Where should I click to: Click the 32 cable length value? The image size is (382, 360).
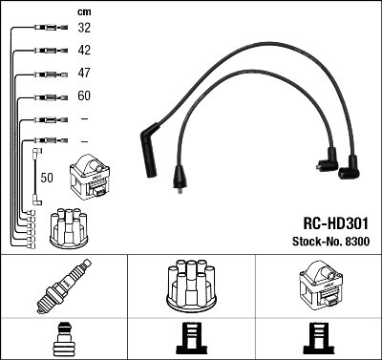point(84,29)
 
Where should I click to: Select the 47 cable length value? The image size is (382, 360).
point(84,74)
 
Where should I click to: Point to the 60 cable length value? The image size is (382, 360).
point(84,96)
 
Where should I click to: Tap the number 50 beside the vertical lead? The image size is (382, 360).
point(47,177)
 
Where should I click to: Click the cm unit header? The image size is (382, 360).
point(84,11)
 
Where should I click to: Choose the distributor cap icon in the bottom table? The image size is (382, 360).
point(190,286)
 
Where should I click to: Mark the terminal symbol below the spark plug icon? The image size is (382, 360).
point(63,339)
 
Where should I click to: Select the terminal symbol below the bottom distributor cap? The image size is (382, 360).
point(190,340)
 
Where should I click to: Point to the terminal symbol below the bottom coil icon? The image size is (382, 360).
point(317,340)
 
